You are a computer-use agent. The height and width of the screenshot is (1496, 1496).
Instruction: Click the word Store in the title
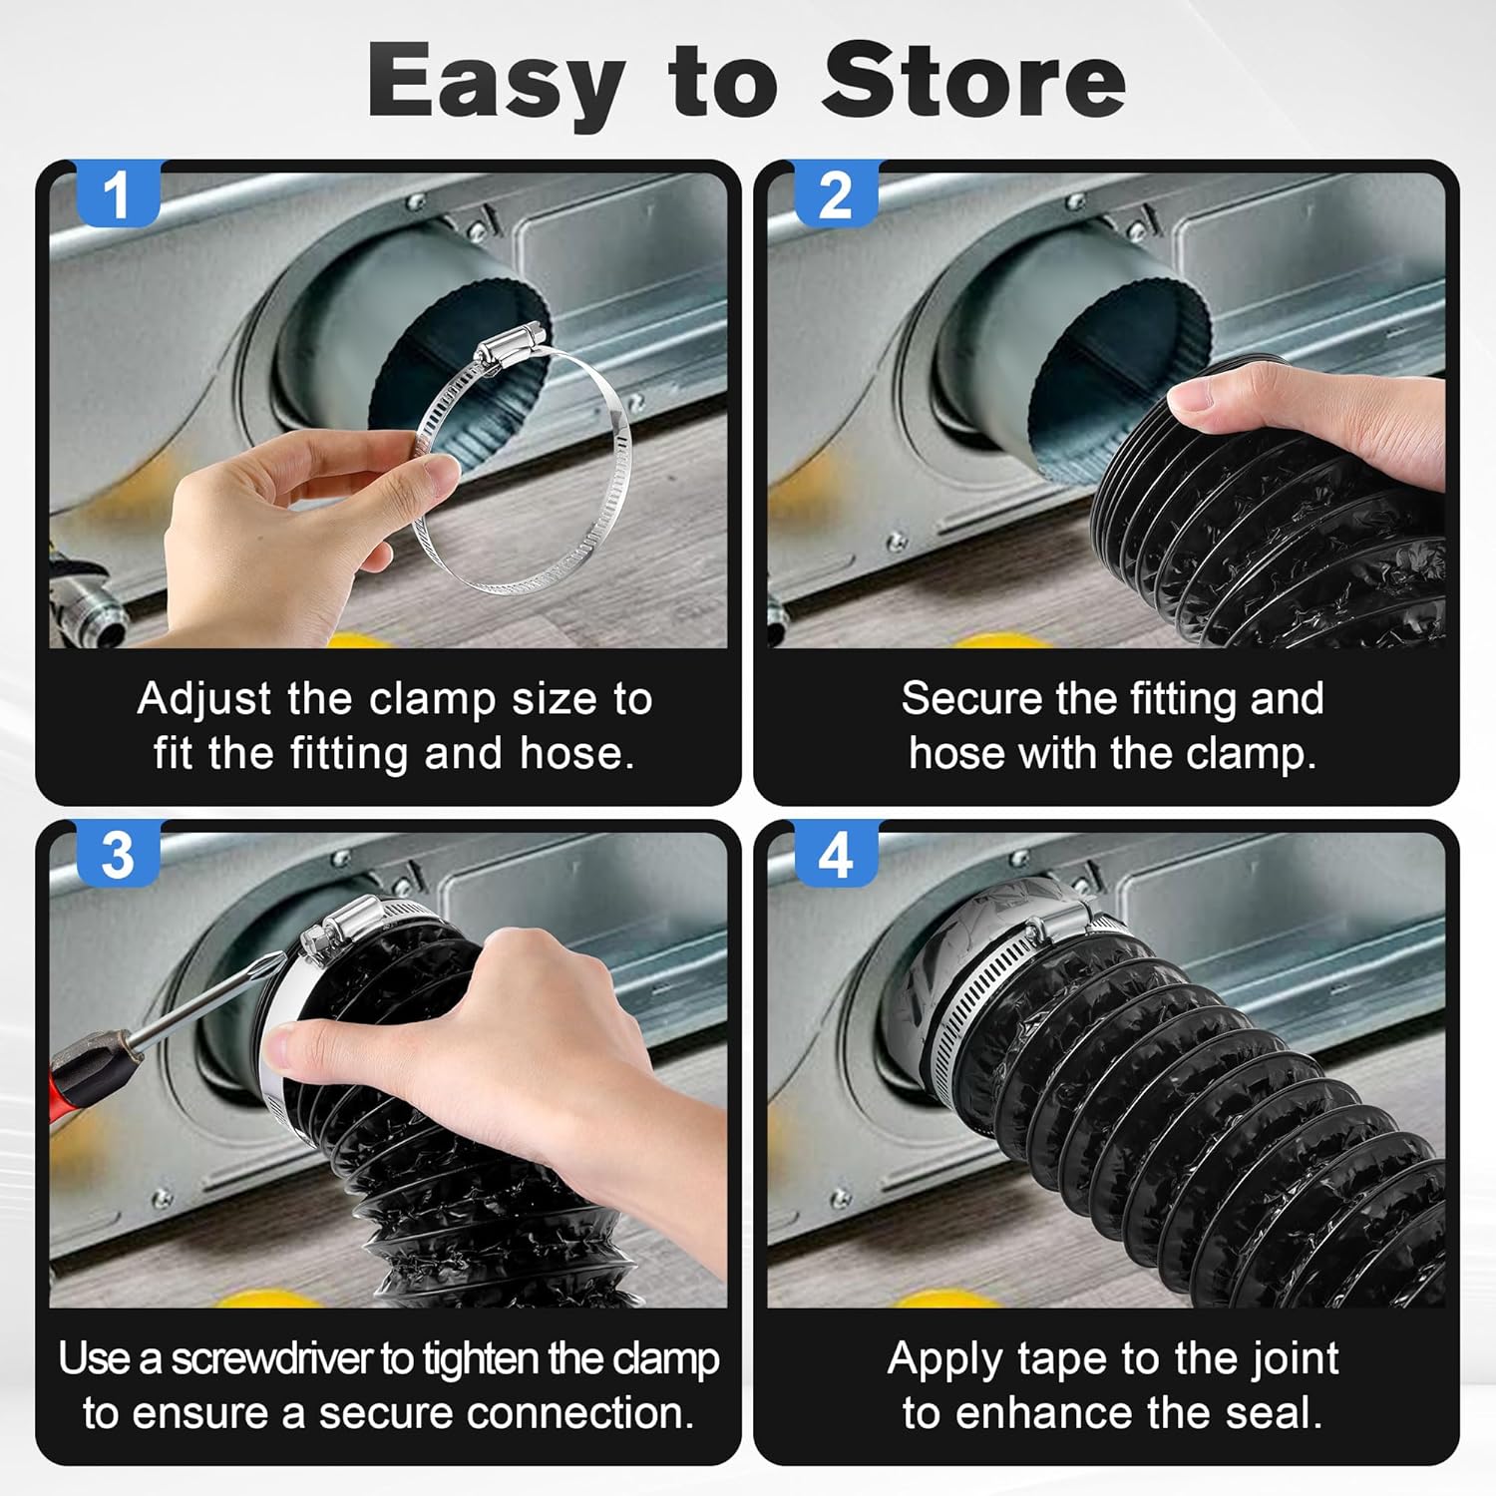[973, 81]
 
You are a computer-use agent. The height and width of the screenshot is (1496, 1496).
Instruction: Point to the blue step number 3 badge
[118, 854]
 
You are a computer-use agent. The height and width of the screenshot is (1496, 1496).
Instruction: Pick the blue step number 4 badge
[836, 854]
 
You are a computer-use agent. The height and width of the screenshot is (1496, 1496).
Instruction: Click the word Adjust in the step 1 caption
[204, 700]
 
